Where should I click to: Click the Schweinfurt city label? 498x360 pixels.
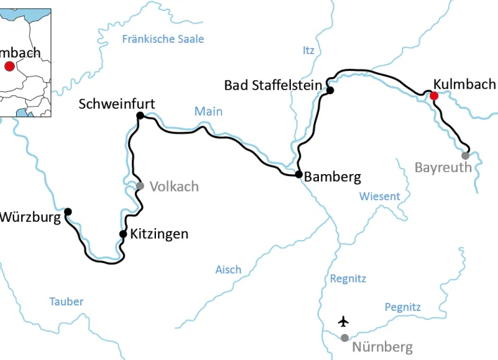tap(117, 104)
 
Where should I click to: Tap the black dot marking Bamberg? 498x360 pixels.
tap(299, 174)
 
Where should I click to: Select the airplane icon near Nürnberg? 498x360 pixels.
tap(343, 321)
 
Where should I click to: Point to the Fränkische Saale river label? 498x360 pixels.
tap(163, 39)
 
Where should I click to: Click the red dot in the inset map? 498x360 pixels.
tap(9, 66)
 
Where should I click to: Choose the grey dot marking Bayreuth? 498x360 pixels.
tap(465, 155)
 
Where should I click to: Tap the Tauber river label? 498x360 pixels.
tap(66, 302)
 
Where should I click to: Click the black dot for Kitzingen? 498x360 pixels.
tap(123, 234)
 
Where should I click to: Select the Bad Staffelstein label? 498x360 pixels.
tap(273, 85)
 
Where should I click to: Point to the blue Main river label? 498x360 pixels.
tap(209, 112)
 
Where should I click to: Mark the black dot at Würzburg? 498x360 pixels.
tap(68, 211)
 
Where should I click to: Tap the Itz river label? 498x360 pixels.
tap(308, 50)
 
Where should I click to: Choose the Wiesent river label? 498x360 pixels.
tap(379, 196)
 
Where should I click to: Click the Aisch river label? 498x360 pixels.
tap(228, 269)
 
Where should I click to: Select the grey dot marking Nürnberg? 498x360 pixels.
tap(344, 338)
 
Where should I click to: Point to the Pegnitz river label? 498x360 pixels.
tap(402, 307)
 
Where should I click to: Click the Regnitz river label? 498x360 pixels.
tap(348, 279)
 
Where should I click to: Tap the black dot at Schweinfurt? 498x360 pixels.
tap(140, 115)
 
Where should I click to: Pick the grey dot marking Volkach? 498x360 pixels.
tap(140, 186)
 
